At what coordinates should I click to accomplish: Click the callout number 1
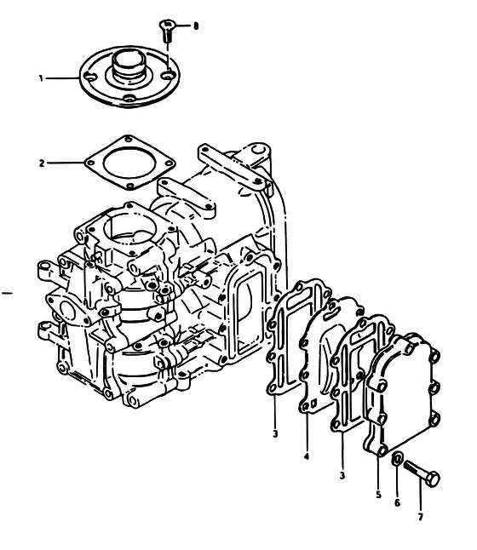click(x=41, y=78)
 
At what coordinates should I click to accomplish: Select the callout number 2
click(x=42, y=163)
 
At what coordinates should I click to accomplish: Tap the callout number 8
click(x=196, y=26)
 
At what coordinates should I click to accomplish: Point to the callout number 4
click(x=307, y=456)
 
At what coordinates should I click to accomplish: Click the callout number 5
click(x=378, y=495)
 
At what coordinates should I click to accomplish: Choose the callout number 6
click(x=397, y=503)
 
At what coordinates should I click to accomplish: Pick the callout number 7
click(x=421, y=516)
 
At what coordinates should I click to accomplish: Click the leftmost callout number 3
click(x=275, y=433)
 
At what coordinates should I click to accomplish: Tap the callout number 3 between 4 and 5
click(x=342, y=476)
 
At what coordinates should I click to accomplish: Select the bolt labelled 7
click(x=422, y=473)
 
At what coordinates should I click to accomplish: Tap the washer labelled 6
click(x=397, y=459)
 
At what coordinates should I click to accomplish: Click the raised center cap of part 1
click(x=129, y=64)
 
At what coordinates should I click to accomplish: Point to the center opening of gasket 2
click(x=129, y=163)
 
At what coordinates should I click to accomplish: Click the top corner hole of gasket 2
click(x=129, y=140)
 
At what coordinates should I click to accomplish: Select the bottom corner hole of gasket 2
click(x=130, y=186)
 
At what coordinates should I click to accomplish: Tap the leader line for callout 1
click(x=62, y=78)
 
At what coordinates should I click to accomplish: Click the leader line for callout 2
click(x=66, y=163)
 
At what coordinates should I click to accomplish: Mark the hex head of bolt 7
click(x=433, y=479)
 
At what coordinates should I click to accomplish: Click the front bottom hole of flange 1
click(x=129, y=100)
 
